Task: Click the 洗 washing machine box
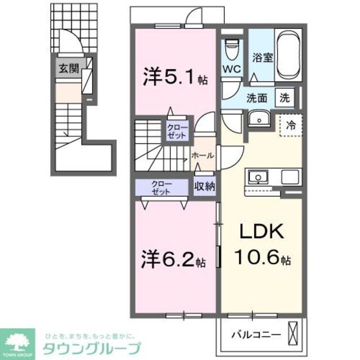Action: click(x=285, y=97)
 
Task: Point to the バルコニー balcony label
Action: click(x=256, y=335)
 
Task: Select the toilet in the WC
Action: click(x=231, y=49)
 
